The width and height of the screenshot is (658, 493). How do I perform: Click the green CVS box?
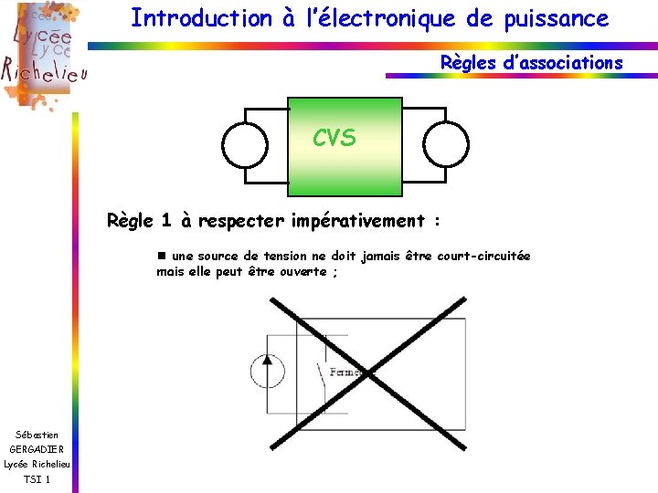345,146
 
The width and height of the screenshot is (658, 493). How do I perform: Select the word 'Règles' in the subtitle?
468,63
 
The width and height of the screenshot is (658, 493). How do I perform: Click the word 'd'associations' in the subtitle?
560,63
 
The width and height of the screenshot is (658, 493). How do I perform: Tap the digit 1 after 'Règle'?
165,220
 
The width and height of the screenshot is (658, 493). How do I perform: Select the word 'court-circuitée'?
483,257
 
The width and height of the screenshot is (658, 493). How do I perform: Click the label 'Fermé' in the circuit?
345,372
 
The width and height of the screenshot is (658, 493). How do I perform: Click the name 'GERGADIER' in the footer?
37,449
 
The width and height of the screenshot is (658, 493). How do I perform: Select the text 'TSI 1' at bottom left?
37,480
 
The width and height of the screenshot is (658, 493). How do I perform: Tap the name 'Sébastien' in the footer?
37,434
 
